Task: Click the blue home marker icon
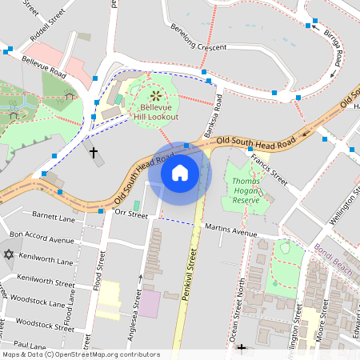(180, 172)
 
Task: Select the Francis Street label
(268, 170)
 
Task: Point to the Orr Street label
(132, 214)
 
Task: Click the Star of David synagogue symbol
(10, 254)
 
